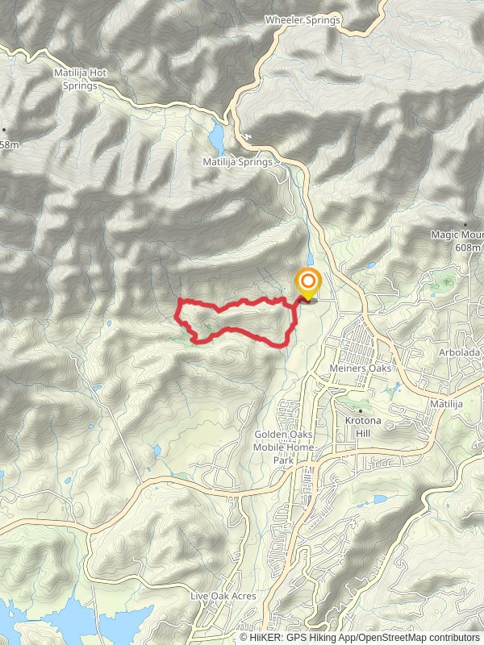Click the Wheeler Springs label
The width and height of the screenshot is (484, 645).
tap(303, 19)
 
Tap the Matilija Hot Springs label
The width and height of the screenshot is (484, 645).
tap(81, 77)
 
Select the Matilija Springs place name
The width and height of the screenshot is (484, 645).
tap(240, 161)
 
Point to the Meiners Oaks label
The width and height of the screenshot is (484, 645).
tap(360, 368)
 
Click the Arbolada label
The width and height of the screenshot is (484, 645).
tap(461, 353)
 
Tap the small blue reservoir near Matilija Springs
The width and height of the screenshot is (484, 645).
tap(216, 137)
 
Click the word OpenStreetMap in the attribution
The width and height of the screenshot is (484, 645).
tap(398, 637)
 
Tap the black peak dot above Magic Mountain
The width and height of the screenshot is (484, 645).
tap(465, 224)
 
